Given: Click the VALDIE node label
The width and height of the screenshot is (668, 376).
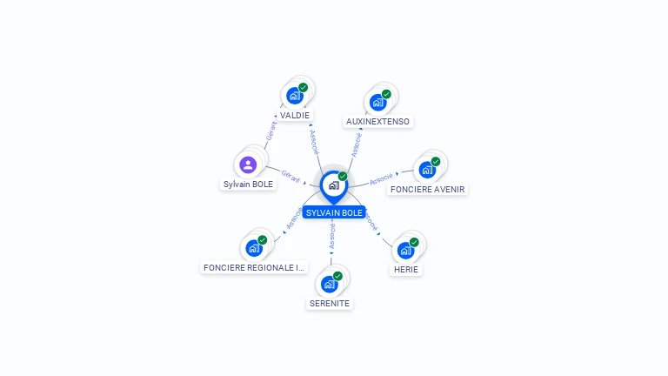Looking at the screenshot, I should click(295, 115).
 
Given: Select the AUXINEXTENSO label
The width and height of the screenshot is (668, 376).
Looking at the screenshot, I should click(377, 121).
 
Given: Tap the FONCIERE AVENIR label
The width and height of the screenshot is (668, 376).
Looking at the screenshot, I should click(427, 189).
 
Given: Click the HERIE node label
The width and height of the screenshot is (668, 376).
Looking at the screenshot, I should click(405, 269).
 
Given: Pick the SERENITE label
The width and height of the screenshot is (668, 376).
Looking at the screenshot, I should click(330, 303).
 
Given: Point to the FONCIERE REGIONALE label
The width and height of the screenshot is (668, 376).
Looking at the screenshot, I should click(254, 267).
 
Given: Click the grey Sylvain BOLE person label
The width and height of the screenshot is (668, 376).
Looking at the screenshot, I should click(248, 184).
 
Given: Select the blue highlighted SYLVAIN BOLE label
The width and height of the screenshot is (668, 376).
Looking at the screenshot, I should click(334, 212).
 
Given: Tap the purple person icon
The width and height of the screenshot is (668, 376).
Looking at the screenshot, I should click(248, 164).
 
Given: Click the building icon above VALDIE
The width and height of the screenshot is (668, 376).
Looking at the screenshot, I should click(295, 96).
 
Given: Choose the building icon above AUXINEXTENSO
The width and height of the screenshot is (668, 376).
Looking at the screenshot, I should click(377, 102).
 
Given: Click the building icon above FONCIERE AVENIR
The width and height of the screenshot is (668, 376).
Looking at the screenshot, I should click(427, 170).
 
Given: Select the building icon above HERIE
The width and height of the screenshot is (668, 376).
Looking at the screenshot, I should click(405, 251).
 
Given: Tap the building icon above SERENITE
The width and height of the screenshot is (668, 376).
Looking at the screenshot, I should click(330, 284).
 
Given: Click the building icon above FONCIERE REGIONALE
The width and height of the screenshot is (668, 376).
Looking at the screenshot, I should click(254, 248).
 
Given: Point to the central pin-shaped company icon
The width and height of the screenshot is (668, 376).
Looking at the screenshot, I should click(334, 185).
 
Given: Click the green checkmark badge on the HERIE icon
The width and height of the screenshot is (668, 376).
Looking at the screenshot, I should click(414, 242).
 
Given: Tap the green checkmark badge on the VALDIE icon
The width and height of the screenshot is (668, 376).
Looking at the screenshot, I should click(304, 87).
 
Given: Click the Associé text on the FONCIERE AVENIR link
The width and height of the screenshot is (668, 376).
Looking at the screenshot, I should click(381, 180).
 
